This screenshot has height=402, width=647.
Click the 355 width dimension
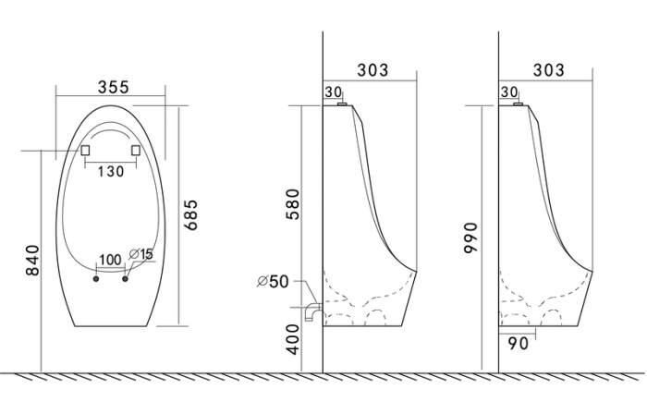pyautogui.click(x=114, y=87)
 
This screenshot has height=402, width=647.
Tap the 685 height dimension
pyautogui.click(x=190, y=215)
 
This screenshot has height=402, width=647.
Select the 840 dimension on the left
pyautogui.click(x=32, y=260)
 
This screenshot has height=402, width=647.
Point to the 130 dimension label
pyautogui.click(x=111, y=171)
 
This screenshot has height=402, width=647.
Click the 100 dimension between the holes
pyautogui.click(x=110, y=260)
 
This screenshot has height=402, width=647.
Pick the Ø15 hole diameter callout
pyautogui.click(x=140, y=254)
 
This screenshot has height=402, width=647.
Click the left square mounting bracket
pyautogui.click(x=85, y=151)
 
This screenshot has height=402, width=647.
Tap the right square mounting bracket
pyautogui.click(x=136, y=151)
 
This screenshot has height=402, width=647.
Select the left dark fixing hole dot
pyautogui.click(x=96, y=279)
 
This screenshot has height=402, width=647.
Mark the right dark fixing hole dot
pyautogui.click(x=125, y=279)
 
